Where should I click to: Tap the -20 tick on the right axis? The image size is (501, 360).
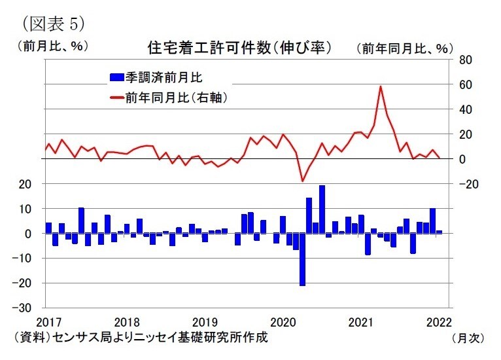pos(464,185)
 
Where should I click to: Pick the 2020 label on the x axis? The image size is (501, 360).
pos(283,322)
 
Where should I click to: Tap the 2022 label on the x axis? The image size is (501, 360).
pos(439,322)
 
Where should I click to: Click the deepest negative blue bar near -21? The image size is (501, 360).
pos(302,259)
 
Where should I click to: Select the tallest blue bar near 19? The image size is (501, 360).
pos(322,209)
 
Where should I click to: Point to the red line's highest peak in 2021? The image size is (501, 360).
pos(380,86)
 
